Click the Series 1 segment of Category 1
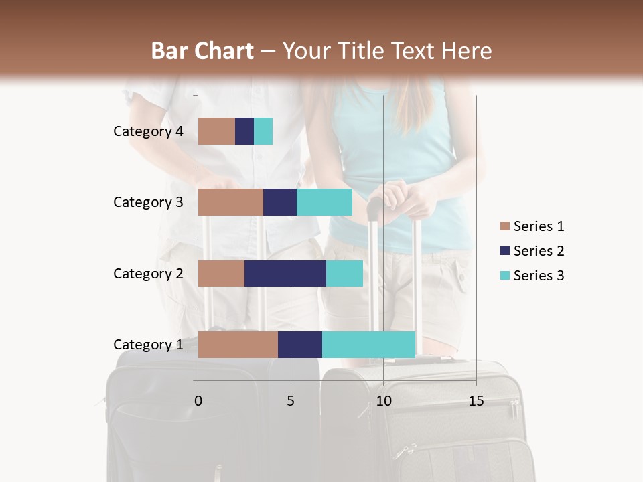tap(238, 345)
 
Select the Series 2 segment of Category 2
tap(285, 273)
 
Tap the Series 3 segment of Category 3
tap(324, 202)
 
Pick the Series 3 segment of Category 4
tap(263, 131)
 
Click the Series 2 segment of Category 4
tap(244, 131)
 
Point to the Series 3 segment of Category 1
tap(368, 345)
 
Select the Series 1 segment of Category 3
tap(230, 202)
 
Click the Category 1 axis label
tap(148, 345)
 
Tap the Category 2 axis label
tap(148, 273)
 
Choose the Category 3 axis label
tap(148, 202)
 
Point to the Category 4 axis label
tap(148, 131)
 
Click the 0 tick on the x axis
tap(198, 401)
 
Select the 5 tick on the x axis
tap(291, 401)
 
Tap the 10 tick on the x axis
tap(383, 401)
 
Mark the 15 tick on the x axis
tap(476, 401)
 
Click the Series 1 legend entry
tap(532, 226)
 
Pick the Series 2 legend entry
tap(532, 251)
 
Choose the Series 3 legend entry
tap(532, 276)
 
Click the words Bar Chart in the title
tap(202, 51)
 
